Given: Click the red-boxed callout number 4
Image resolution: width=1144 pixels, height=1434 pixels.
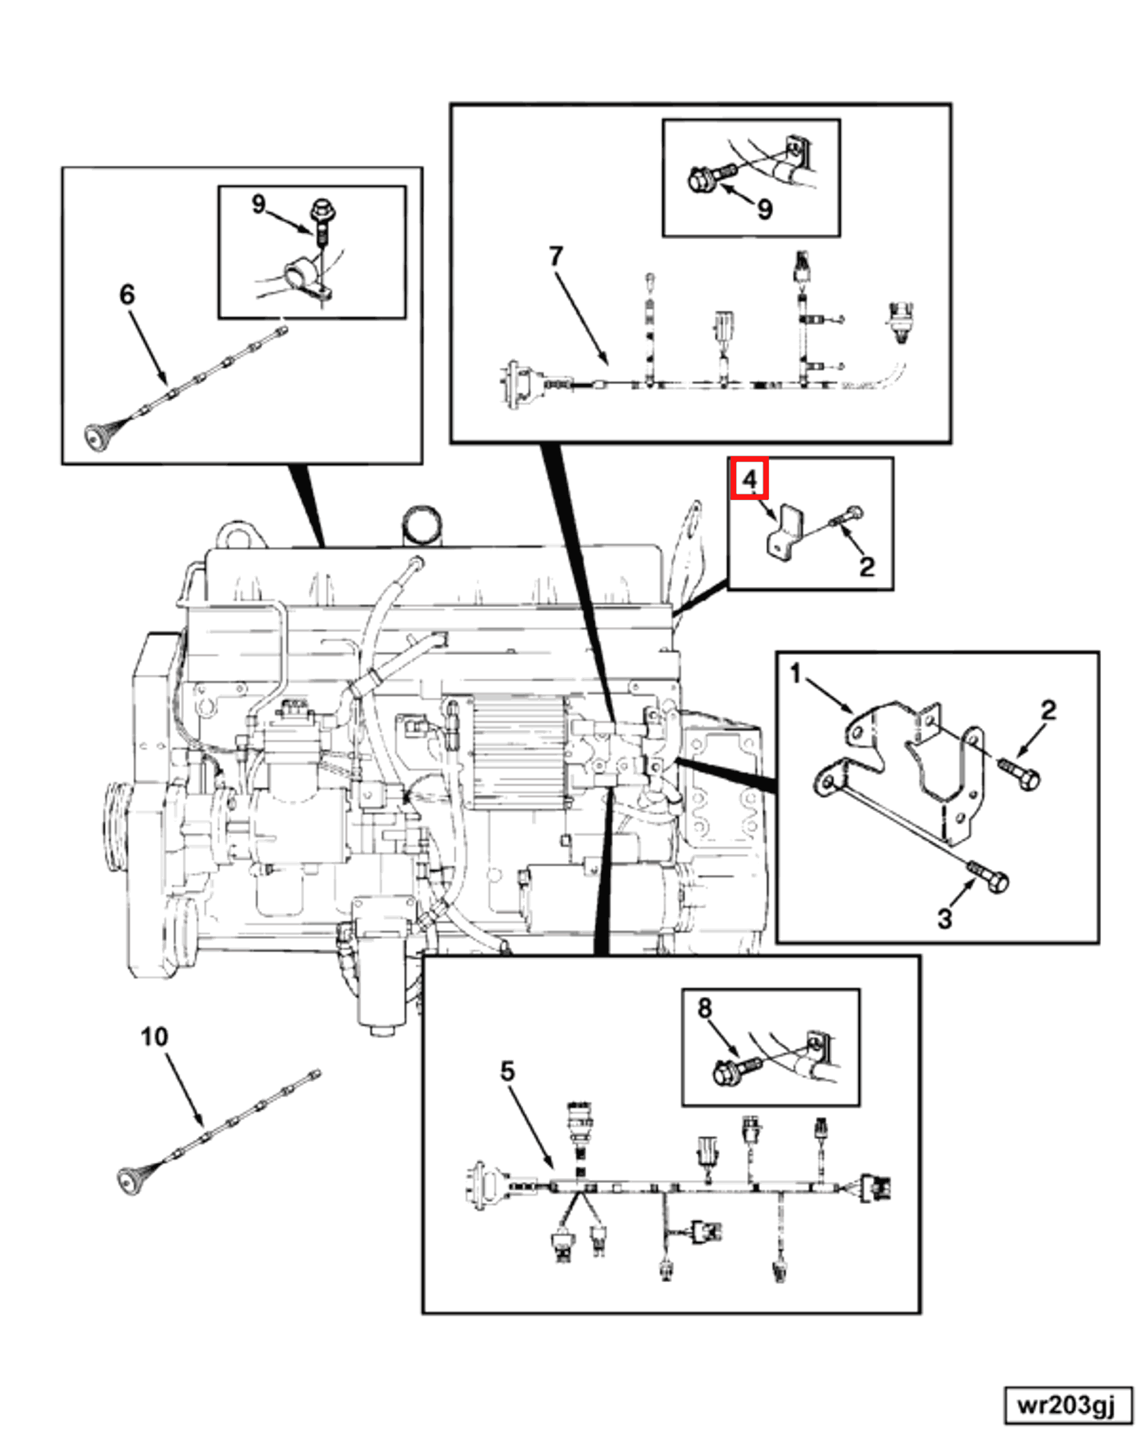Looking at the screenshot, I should tap(749, 479).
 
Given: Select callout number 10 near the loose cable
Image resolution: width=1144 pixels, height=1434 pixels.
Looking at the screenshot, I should tap(154, 1036).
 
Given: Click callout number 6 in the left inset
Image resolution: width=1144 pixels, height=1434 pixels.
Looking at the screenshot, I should tap(127, 294).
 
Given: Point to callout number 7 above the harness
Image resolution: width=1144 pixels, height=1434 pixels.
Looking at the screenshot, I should tap(556, 256).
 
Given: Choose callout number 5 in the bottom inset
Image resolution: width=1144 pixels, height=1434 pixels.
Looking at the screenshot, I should tap(507, 1071).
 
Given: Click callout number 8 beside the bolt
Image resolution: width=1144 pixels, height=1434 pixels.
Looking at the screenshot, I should tap(705, 1008).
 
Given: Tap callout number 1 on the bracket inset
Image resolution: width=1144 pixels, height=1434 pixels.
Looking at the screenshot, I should tap(795, 674).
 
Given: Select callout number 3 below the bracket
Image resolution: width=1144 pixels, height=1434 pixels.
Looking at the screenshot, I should tap(944, 919).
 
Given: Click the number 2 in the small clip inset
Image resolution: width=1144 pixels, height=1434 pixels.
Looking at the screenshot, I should tap(866, 566).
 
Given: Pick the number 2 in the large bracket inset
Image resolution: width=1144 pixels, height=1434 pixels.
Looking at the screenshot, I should tap(1049, 710).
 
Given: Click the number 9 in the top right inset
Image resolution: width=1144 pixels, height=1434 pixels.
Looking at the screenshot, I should tap(765, 209).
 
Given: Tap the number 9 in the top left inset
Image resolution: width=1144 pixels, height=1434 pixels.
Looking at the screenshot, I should tap(258, 204).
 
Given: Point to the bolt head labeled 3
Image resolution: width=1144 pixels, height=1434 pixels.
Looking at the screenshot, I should tap(996, 882).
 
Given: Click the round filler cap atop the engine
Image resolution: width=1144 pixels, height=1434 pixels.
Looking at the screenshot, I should tap(422, 524).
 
